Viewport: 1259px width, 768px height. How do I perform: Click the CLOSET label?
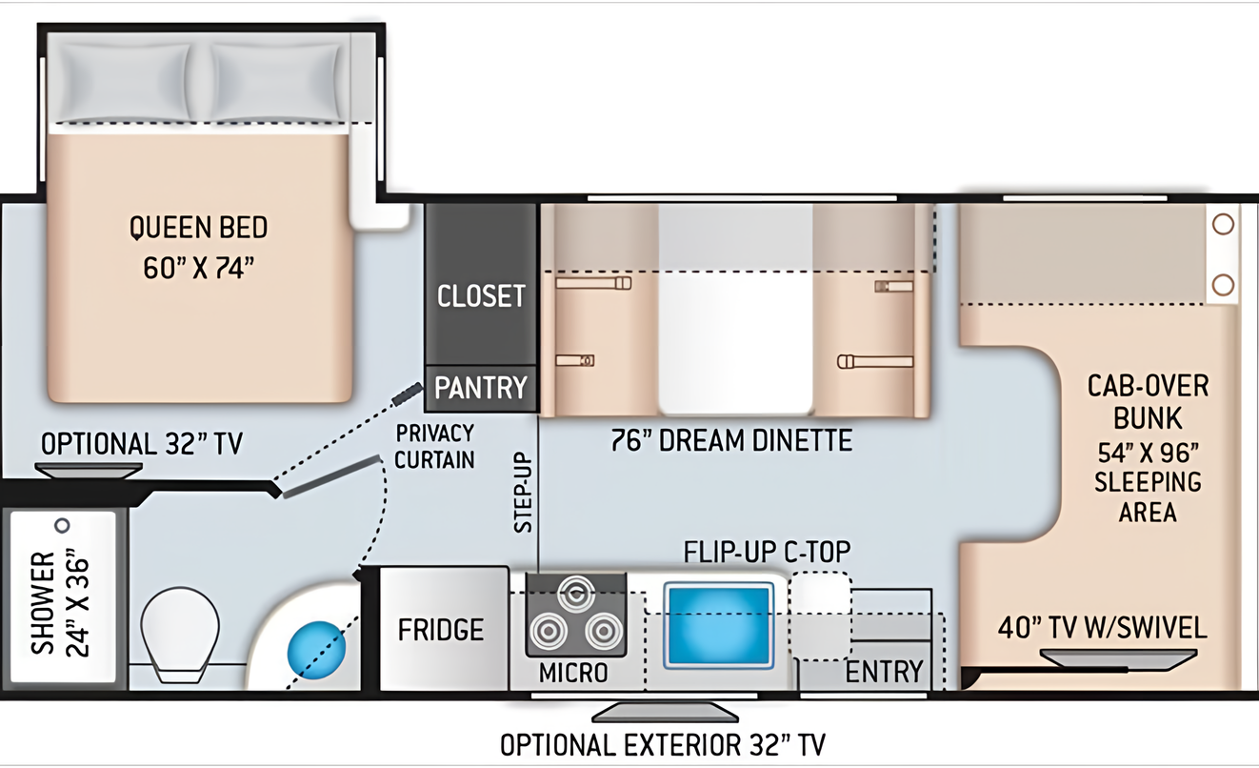(481, 295)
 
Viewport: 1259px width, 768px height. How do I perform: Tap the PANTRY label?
(481, 388)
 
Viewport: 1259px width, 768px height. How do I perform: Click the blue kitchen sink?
(718, 625)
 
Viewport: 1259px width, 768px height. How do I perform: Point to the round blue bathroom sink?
(316, 651)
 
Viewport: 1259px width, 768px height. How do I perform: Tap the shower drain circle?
(63, 526)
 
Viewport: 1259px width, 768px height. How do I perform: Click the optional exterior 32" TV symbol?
(665, 712)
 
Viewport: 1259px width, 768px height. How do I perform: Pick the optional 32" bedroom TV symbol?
(89, 471)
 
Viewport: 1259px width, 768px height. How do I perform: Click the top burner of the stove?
(576, 593)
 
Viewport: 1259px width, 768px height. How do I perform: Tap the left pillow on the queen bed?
(125, 82)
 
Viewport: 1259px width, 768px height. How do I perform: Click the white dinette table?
(735, 310)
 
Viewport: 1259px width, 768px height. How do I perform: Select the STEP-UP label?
(523, 493)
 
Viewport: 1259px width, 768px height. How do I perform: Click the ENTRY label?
(884, 672)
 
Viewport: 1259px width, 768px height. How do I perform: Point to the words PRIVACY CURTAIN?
(434, 446)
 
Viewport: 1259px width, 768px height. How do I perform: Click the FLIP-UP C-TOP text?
(768, 552)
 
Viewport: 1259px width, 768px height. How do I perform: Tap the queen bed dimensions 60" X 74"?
(198, 268)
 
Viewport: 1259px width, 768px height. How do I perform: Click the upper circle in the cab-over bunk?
(1223, 224)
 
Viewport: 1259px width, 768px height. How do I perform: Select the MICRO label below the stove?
(573, 673)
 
